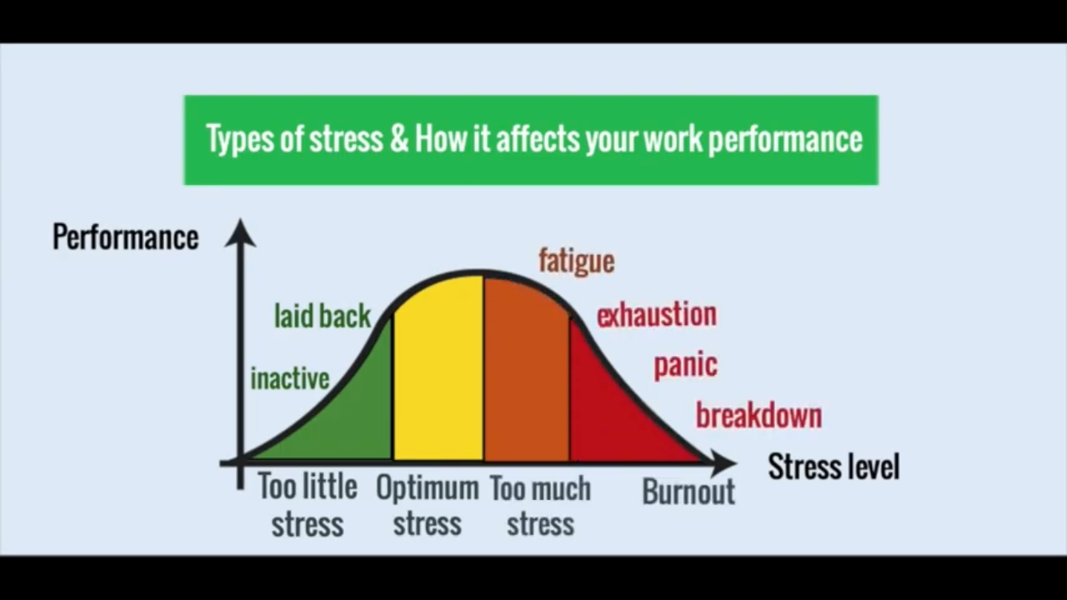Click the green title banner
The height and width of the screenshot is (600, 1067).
click(531, 140)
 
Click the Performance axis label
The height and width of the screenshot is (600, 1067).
click(126, 237)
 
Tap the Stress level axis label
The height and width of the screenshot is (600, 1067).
click(833, 466)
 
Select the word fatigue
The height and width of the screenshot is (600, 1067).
click(577, 261)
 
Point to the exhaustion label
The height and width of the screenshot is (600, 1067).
click(657, 314)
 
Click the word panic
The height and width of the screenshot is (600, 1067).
click(685, 366)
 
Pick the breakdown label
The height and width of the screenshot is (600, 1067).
click(759, 415)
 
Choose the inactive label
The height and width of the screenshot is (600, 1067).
click(290, 379)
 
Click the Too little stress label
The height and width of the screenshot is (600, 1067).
click(308, 505)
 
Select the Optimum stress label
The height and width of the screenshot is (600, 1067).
click(427, 505)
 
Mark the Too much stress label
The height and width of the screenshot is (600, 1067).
click(540, 505)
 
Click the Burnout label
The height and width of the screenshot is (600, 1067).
click(689, 492)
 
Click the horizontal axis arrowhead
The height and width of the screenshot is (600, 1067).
click(722, 462)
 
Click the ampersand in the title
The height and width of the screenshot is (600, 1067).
click(399, 138)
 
